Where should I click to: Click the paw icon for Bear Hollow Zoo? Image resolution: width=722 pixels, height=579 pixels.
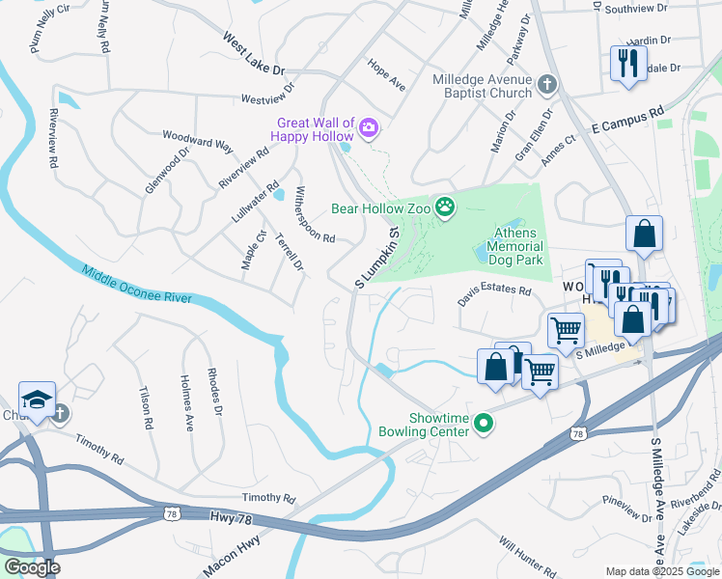coord(444,207)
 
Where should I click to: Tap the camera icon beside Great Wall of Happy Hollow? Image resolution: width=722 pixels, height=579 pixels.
coord(370,127)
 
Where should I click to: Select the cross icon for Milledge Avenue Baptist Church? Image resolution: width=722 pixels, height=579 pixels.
coord(547,85)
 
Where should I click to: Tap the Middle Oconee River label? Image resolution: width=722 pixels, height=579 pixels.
coord(137,286)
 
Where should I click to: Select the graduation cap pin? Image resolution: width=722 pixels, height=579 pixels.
coord(37,400)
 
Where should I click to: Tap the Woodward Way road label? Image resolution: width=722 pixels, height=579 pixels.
coord(198,141)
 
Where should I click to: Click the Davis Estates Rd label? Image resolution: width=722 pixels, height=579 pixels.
coord(494,290)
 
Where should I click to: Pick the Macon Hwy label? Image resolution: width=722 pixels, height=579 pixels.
coord(230,558)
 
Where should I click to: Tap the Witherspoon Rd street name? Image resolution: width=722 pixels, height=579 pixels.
coord(316,214)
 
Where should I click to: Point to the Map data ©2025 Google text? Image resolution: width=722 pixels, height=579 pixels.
coord(662,571)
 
